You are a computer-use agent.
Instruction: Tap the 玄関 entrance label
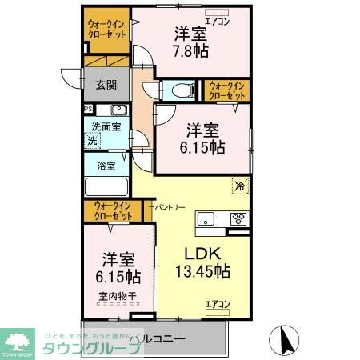pos(106,85)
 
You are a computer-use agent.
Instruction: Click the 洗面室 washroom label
pos(105,126)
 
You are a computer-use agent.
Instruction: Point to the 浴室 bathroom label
pos(106,166)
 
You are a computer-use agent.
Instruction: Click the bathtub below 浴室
pos(106,188)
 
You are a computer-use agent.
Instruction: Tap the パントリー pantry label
pos(169,206)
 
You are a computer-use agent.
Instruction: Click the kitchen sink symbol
pos(207,218)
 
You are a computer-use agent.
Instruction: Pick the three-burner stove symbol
pos(239,218)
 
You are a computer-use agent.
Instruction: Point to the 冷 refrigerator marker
pos(240,186)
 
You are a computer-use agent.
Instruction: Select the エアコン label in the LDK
pos(217,303)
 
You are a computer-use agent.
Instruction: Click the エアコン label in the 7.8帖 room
pos(218,22)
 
